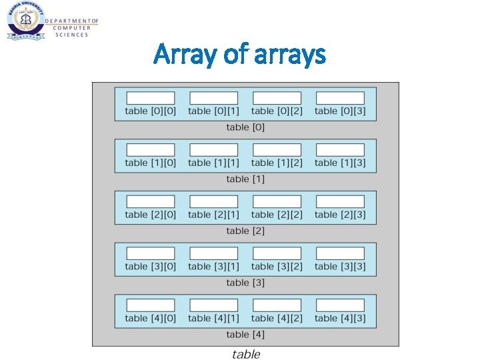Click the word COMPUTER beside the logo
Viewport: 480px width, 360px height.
pyautogui.click(x=73, y=28)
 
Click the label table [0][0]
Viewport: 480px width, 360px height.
pyautogui.click(x=151, y=111)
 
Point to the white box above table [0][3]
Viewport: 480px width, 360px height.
pyautogui.click(x=340, y=97)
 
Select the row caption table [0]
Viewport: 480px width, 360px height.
pyautogui.click(x=245, y=127)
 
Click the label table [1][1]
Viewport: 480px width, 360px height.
pyautogui.click(x=213, y=163)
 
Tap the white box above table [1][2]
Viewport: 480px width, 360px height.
pyautogui.click(x=277, y=149)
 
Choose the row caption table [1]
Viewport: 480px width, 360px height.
pyautogui.click(x=245, y=179)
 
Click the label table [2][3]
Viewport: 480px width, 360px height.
pyautogui.click(x=340, y=215)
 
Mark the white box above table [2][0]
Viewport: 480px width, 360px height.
pyautogui.click(x=151, y=201)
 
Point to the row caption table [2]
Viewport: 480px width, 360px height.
pyautogui.click(x=245, y=231)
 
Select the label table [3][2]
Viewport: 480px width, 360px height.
pyautogui.click(x=277, y=267)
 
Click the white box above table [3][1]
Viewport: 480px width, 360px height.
pyautogui.click(x=213, y=253)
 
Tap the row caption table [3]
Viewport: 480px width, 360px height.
pyautogui.click(x=245, y=283)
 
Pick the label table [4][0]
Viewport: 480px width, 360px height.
pyautogui.click(x=151, y=318)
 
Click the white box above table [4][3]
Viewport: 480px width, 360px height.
pyautogui.click(x=340, y=305)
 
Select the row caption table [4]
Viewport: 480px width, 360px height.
pyautogui.click(x=245, y=334)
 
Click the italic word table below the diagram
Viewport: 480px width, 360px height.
pyautogui.click(x=246, y=355)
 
